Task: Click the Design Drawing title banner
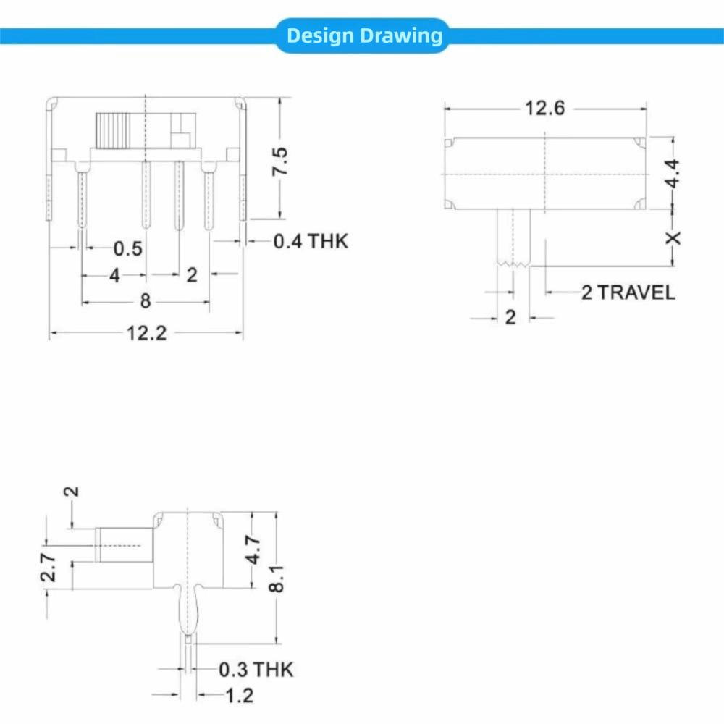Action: [363, 35]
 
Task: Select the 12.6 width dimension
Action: [544, 108]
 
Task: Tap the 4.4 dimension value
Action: [673, 174]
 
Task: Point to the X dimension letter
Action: [673, 237]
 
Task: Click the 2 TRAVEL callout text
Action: [628, 292]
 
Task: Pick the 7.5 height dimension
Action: [280, 161]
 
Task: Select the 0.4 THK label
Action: [311, 241]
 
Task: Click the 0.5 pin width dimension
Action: [128, 249]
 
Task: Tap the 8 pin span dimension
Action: [145, 301]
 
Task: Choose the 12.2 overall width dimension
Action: [147, 334]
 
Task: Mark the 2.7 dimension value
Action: [48, 567]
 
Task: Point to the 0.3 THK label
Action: [256, 670]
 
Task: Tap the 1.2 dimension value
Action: [239, 696]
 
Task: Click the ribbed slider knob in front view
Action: [112, 130]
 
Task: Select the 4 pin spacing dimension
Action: [114, 275]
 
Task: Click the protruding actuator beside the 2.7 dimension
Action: [124, 544]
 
